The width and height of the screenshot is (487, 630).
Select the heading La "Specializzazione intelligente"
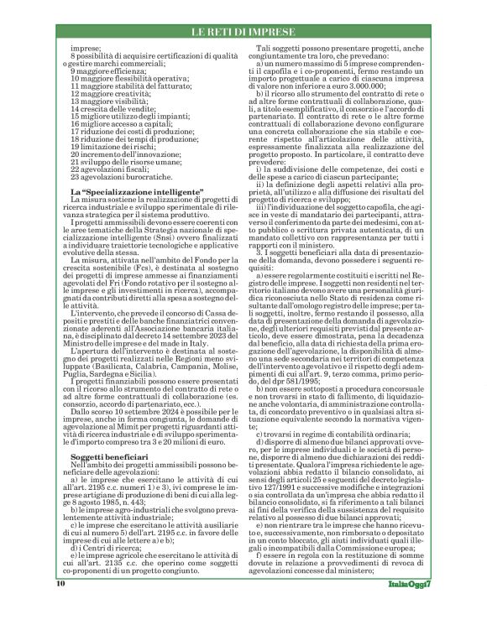pyautogui.click(x=128, y=193)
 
